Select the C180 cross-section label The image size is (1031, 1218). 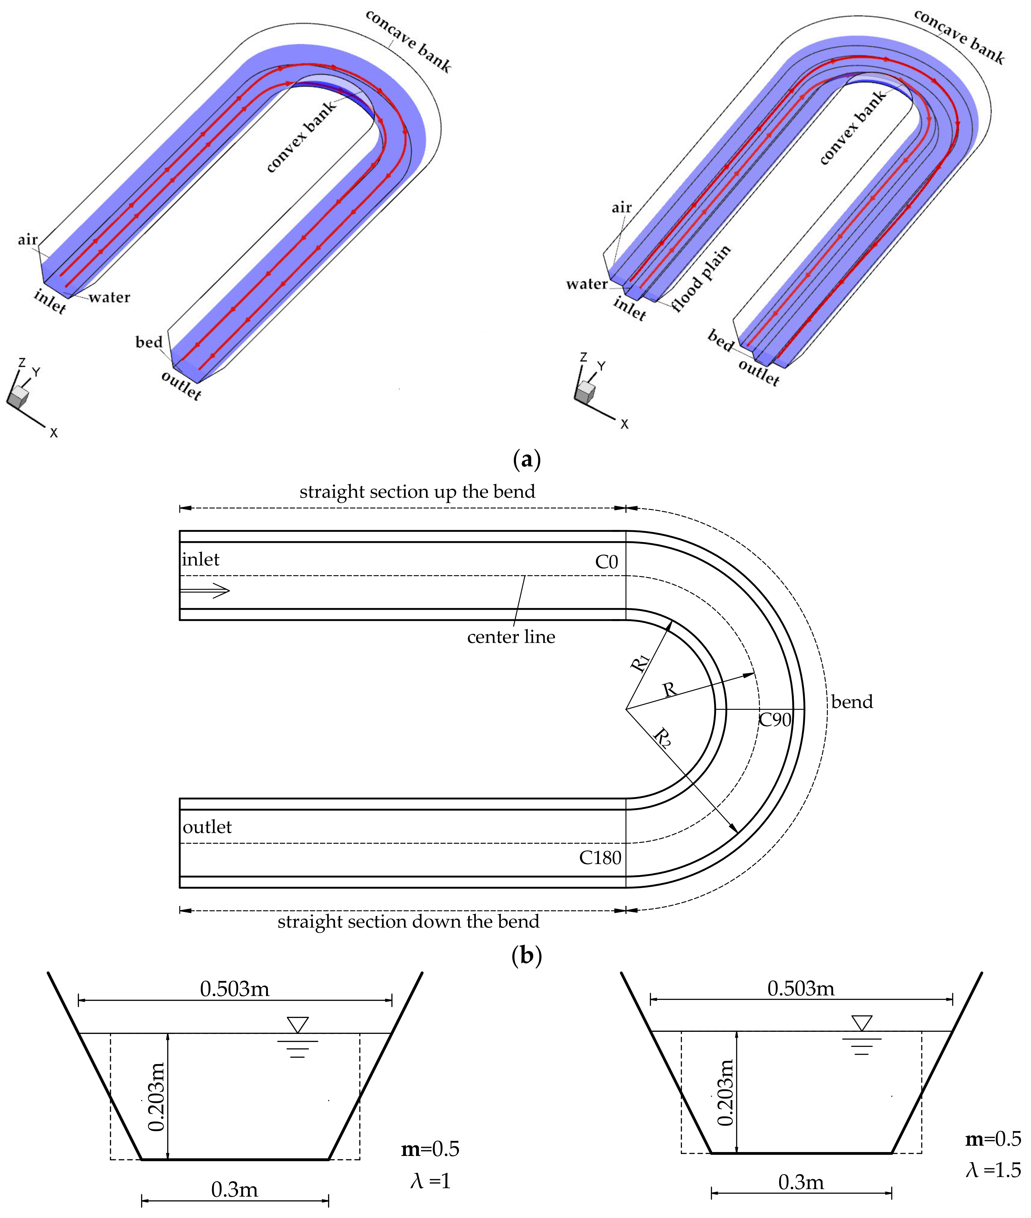tap(600, 858)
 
